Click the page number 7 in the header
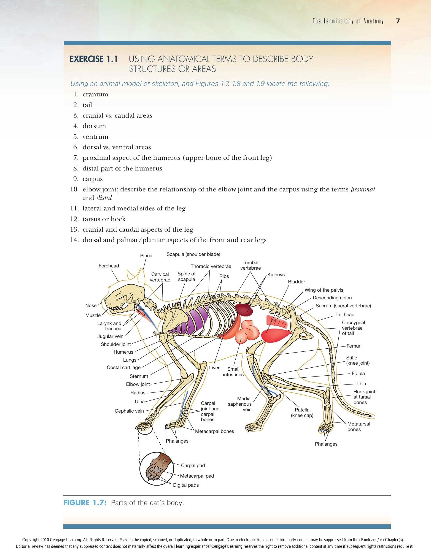click(x=398, y=21)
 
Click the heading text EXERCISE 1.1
click(x=94, y=59)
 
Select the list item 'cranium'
click(x=95, y=94)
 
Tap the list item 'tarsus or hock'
click(x=104, y=219)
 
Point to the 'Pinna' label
click(x=146, y=256)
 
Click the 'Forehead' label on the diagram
click(x=109, y=266)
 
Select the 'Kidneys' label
click(x=276, y=275)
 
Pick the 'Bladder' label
click(x=297, y=282)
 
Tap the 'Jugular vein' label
click(x=110, y=336)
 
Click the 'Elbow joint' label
click(x=138, y=384)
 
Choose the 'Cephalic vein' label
click(x=129, y=411)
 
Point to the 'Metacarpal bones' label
click(x=214, y=431)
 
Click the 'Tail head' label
click(x=345, y=315)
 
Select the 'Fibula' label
click(x=358, y=373)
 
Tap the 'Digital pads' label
click(x=186, y=485)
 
